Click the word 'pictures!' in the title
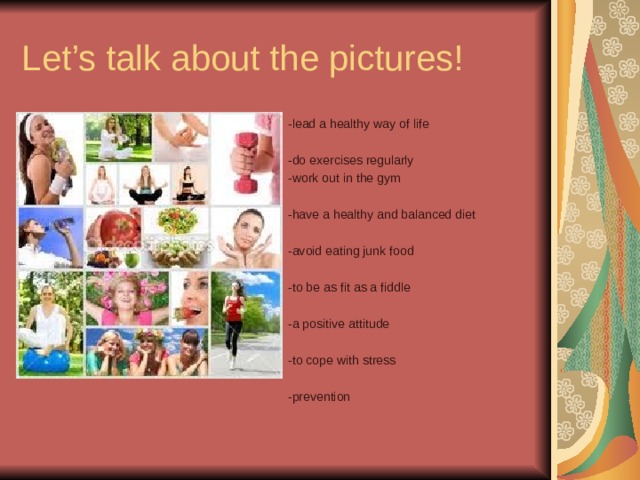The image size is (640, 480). coord(396,59)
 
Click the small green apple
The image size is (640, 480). coord(131,259)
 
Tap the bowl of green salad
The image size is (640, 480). coord(177,220)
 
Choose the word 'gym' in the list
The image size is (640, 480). coord(390,178)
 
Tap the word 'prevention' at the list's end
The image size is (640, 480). coord(319,397)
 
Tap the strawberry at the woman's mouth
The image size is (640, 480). coord(183,312)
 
